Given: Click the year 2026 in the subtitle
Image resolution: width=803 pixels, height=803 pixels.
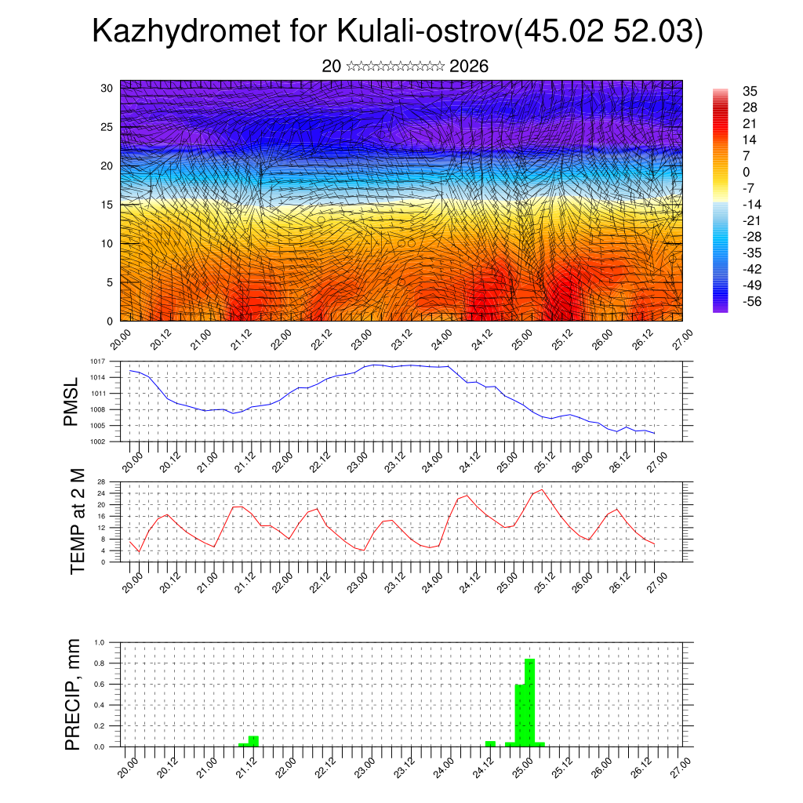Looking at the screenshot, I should (x=469, y=67).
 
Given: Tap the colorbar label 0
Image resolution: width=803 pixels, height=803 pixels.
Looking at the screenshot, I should (x=746, y=172).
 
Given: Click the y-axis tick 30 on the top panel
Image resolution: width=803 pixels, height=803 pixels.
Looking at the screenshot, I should (x=107, y=88).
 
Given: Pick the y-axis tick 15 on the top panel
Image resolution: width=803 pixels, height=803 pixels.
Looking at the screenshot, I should (x=107, y=205).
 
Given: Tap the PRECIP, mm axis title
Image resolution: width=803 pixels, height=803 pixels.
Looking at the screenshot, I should (x=73, y=693).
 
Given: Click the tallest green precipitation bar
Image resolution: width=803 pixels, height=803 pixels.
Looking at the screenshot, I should (x=529, y=702).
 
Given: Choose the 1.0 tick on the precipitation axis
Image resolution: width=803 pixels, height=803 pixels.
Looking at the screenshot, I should (x=100, y=642).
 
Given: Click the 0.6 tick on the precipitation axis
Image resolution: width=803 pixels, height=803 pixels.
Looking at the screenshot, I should (x=100, y=684).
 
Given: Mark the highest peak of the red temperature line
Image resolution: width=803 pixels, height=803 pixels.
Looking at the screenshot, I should (x=541, y=489).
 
